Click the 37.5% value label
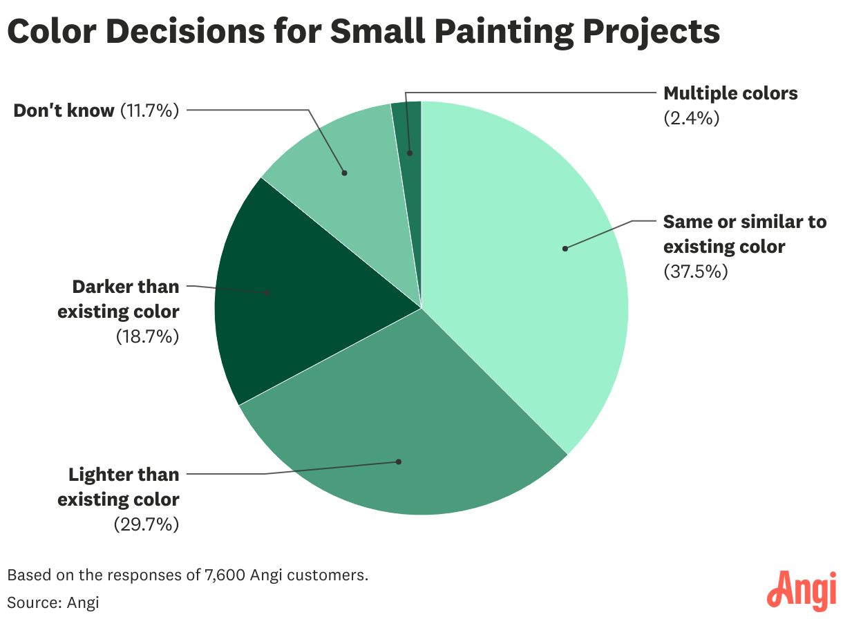click(696, 272)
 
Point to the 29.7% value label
click(146, 524)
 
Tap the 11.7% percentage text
click(149, 110)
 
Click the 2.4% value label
click(691, 118)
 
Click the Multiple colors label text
click(730, 93)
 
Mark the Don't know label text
click(64, 110)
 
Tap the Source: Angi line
click(53, 602)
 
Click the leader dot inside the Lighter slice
click(399, 461)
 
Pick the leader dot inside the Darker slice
click(267, 292)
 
